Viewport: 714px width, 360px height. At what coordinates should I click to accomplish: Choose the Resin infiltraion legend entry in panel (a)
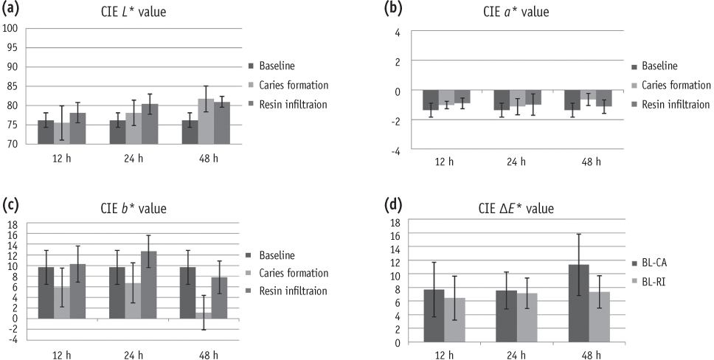tap(291, 105)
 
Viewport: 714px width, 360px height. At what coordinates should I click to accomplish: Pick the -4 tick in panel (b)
tap(395, 150)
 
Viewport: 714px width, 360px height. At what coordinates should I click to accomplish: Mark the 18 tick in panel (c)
tap(13, 223)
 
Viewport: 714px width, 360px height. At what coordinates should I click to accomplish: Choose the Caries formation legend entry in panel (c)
tap(291, 273)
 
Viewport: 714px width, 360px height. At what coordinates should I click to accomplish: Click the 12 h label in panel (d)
tap(446, 353)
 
